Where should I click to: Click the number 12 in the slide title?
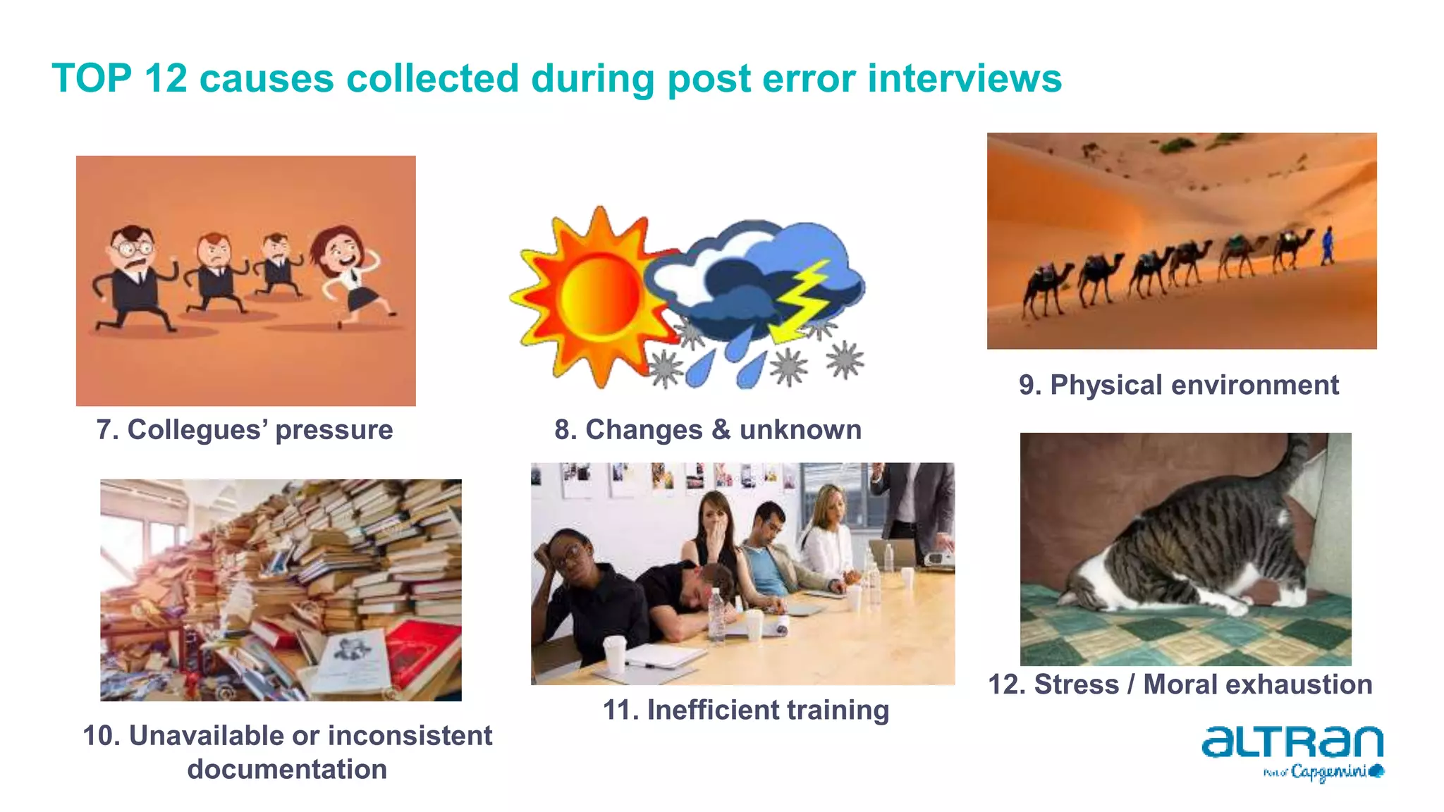click(166, 78)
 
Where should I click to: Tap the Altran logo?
click(1292, 743)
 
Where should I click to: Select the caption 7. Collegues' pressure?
click(245, 430)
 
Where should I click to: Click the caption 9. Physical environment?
click(1178, 386)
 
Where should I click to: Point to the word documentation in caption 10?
click(287, 770)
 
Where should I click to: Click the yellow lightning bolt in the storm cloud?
click(802, 300)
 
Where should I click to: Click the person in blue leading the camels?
click(1328, 245)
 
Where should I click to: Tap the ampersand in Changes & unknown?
click(721, 430)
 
